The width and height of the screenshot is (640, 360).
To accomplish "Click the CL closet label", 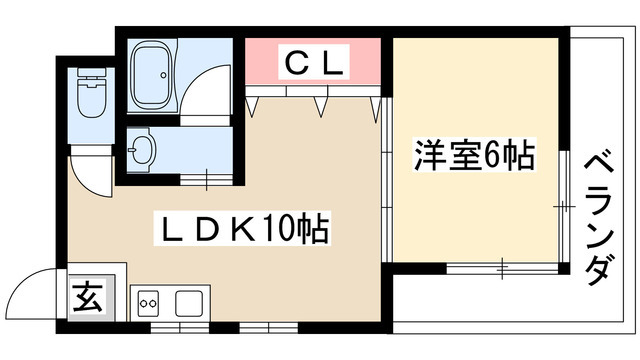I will click(x=314, y=64).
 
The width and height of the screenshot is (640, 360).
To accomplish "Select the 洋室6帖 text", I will click(x=474, y=156).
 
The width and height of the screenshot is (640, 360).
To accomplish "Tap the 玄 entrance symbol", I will click(x=86, y=297).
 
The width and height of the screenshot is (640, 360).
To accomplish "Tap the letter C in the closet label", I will click(x=297, y=64).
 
